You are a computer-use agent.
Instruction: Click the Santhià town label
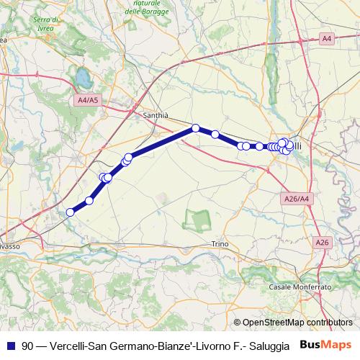154,115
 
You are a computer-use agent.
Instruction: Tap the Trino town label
220,244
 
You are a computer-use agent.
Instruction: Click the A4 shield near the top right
327,37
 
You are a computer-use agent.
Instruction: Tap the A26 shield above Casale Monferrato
322,243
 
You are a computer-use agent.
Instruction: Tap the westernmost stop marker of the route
71,212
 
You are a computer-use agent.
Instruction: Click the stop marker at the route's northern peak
195,128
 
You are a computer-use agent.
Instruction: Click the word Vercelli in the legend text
70,346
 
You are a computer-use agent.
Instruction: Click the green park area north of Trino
196,219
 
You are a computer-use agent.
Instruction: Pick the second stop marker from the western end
89,201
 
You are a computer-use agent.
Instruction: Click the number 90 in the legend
27,346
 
